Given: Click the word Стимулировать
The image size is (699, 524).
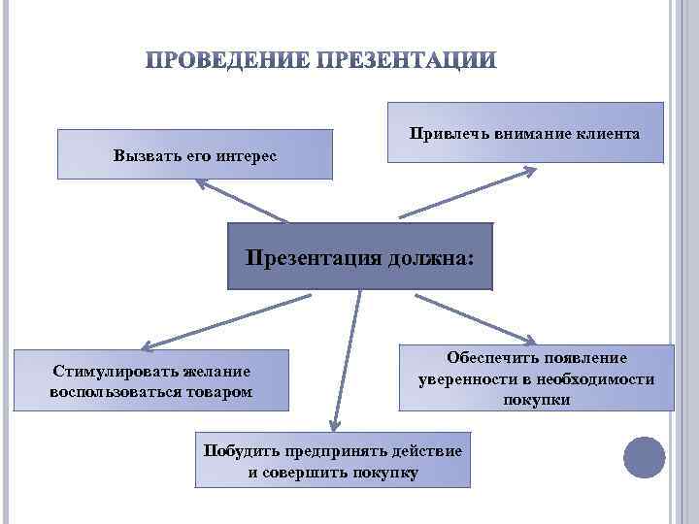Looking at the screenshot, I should click(116, 372).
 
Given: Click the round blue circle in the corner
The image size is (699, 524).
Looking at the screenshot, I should click(644, 457).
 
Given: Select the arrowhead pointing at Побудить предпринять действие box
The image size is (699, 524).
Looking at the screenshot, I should click(335, 422).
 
